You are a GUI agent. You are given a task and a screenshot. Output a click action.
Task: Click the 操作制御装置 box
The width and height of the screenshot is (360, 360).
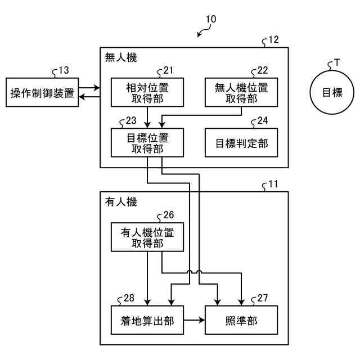coord(42,92)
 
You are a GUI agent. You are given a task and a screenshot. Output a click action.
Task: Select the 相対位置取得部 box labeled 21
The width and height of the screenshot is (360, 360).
coord(147,92)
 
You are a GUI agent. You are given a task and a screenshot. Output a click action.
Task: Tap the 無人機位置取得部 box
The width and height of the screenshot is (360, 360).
coord(241,92)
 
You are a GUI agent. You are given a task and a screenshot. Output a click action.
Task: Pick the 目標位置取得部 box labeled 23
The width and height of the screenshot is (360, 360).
coord(147,142)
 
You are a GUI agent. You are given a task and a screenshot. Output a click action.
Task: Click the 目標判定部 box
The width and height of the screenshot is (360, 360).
coord(241,142)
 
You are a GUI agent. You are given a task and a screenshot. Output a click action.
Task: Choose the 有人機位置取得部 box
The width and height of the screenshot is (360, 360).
coord(147,237)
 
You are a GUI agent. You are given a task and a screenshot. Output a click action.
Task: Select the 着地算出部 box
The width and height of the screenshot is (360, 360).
coord(147,320)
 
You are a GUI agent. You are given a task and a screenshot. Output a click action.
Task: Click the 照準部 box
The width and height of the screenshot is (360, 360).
coord(241,320)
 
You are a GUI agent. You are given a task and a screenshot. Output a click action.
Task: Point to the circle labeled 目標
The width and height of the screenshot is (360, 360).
coord(332,92)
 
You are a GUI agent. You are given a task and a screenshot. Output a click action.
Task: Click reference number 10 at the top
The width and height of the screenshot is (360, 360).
coord(211,19)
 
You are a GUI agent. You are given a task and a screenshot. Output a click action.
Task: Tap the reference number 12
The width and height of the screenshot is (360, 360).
coord(273,40)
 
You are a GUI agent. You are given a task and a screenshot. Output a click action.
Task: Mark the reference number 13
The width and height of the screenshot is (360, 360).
coord(64,70)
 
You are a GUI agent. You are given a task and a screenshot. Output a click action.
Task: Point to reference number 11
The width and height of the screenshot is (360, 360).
coord(273,184)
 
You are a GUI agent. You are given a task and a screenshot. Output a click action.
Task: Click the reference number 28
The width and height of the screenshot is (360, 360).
coord(129,298)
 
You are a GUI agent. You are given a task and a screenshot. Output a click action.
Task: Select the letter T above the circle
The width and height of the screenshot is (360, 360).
coord(337,62)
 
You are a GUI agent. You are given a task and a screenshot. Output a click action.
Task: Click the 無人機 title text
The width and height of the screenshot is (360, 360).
coord(121,57)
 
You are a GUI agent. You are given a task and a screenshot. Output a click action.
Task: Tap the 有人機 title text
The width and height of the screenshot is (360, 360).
coord(121,202)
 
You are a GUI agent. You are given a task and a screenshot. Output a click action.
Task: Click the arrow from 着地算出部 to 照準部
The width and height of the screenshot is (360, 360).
coord(194,320)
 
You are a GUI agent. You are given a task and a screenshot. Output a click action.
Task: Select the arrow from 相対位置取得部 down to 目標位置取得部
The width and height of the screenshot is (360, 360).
coord(147,118)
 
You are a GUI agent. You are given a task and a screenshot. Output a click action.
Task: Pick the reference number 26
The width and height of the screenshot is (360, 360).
coord(169,215)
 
